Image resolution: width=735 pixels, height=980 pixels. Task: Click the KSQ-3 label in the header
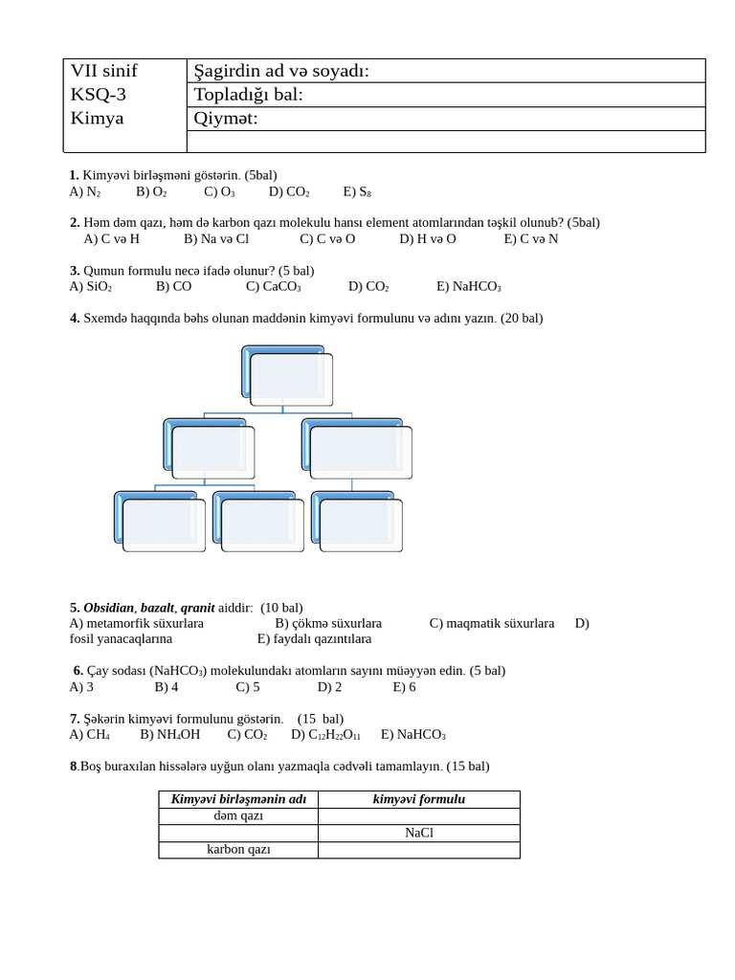(99, 94)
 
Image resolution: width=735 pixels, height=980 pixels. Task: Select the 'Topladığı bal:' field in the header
(248, 94)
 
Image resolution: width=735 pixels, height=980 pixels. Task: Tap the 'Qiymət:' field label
(226, 118)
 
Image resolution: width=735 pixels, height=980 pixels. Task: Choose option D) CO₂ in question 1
(289, 191)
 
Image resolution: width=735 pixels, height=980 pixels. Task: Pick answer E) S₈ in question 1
(357, 191)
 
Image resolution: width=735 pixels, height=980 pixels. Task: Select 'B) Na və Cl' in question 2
(216, 238)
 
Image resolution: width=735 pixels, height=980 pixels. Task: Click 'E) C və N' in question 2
(531, 238)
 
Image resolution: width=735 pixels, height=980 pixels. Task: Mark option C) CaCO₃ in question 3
(274, 286)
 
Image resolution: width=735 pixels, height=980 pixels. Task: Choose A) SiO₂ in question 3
(91, 286)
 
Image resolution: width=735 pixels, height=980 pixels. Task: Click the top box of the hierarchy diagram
(291, 379)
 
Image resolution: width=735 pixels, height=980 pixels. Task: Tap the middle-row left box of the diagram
(212, 451)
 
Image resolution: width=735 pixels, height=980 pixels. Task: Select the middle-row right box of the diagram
(360, 451)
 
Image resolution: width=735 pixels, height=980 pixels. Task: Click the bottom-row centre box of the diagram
(261, 524)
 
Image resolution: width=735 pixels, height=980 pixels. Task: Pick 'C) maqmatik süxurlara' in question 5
(492, 623)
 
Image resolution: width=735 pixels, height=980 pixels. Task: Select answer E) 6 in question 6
(404, 687)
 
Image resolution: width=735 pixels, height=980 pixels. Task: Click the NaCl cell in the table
(418, 833)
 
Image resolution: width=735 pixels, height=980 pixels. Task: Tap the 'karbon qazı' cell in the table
(238, 850)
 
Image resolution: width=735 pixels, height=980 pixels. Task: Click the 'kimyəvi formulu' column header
(418, 799)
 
